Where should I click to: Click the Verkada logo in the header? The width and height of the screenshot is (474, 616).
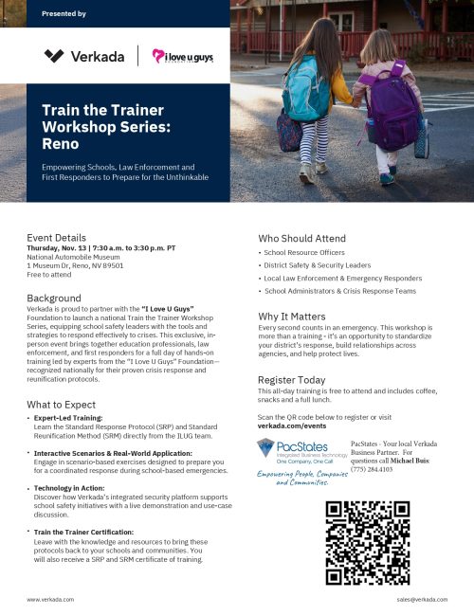click(x=84, y=57)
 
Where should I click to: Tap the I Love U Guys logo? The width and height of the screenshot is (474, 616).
click(x=183, y=57)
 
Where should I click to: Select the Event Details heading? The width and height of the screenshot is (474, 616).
click(x=56, y=238)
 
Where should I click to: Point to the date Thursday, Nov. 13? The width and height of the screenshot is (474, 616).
click(x=61, y=248)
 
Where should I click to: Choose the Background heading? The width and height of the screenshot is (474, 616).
click(x=54, y=298)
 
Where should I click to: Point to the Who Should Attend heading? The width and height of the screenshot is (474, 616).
click(x=301, y=238)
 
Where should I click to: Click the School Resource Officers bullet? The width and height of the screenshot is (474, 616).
click(x=306, y=253)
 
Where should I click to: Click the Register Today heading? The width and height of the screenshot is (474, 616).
click(x=291, y=379)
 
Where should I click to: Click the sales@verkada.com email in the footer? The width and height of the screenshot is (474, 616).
click(x=422, y=600)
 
